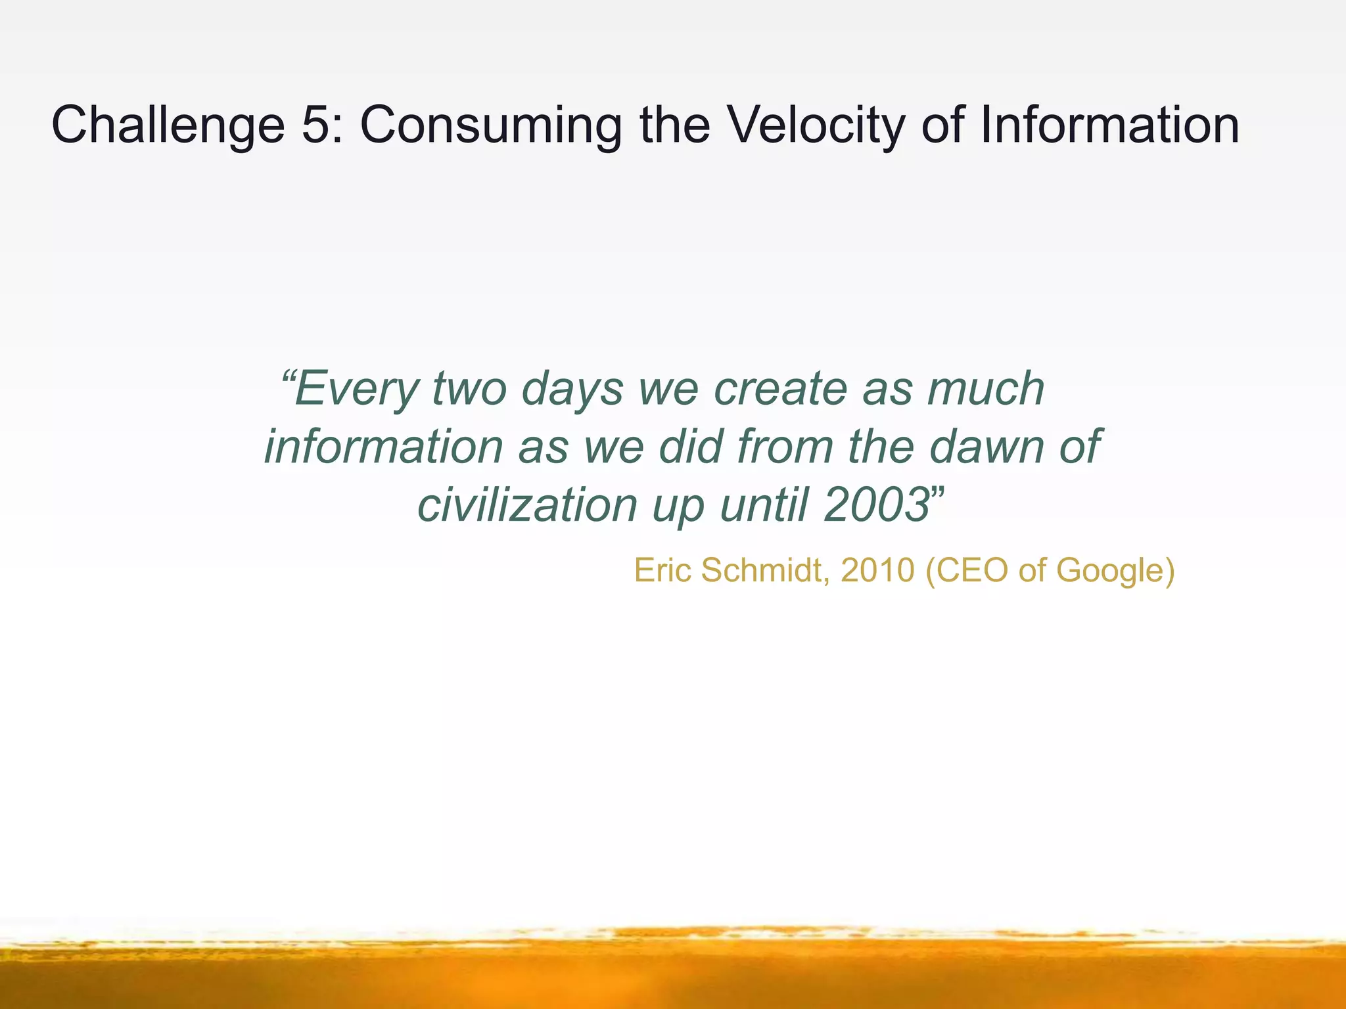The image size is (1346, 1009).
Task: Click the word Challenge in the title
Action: click(168, 126)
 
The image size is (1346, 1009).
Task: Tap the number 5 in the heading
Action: click(315, 125)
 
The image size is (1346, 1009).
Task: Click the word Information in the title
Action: click(1109, 125)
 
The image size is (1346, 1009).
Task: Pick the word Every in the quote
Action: click(356, 390)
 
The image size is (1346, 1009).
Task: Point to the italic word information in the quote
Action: click(384, 447)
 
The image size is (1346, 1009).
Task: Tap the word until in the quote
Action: click(763, 505)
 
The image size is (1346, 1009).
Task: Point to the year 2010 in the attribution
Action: click(877, 570)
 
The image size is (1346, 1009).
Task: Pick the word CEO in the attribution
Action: click(971, 570)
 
